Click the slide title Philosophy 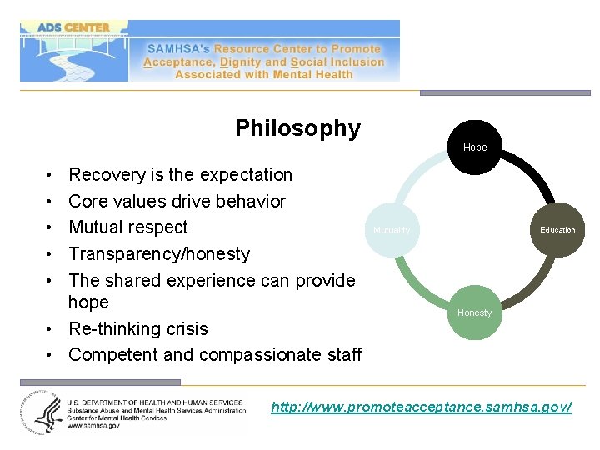click(297, 128)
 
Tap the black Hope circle click(475, 147)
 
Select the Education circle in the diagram click(557, 229)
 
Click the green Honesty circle click(474, 312)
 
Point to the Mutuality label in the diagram click(392, 230)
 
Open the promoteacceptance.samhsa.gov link click(421, 407)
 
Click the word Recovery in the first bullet click(107, 175)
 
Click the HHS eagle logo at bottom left click(38, 412)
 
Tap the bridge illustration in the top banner click(73, 58)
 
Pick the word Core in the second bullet click(87, 202)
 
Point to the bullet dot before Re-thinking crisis click(52, 328)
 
